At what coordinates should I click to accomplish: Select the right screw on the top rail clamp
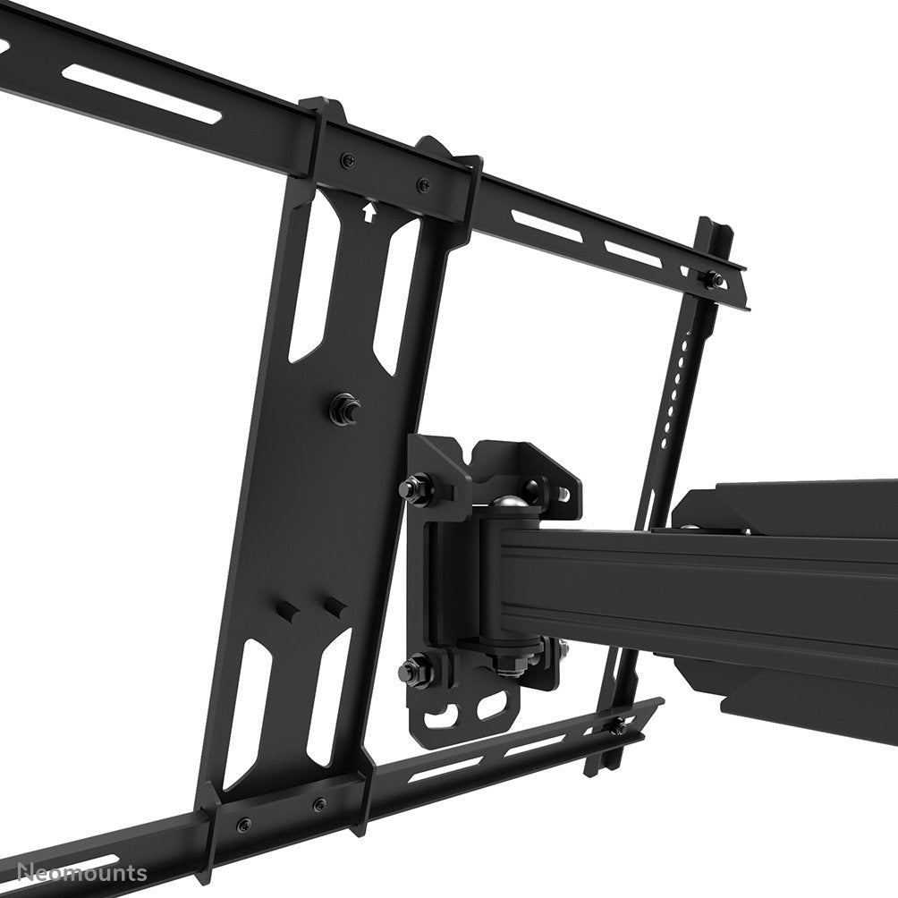(422, 186)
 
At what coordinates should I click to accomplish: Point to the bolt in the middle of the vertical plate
(343, 410)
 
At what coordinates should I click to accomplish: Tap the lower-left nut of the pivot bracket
(413, 667)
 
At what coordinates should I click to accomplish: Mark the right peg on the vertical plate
(335, 606)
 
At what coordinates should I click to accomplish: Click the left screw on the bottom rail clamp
(243, 824)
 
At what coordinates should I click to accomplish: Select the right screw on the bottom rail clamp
(318, 805)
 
